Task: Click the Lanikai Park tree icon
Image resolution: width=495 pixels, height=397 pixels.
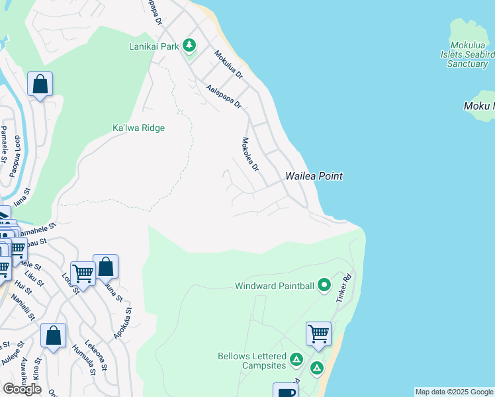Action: point(190,46)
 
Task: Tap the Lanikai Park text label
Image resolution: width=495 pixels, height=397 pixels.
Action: point(154,46)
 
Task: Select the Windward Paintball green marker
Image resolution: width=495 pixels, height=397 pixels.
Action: point(324,286)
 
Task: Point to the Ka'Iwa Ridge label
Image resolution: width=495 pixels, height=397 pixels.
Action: point(138,128)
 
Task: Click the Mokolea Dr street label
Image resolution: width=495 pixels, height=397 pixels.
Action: point(249,154)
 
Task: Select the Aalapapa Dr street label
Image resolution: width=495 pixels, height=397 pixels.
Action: point(224,97)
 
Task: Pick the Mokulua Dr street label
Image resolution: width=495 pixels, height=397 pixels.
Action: point(228,65)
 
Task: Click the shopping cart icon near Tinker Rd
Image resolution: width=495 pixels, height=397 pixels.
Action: point(319,333)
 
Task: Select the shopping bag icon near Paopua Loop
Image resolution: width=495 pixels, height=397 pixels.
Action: point(40,84)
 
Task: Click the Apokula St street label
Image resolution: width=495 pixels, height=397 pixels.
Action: point(122,324)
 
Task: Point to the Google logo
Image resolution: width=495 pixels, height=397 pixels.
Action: point(22,389)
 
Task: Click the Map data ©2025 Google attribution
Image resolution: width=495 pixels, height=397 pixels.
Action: point(454,392)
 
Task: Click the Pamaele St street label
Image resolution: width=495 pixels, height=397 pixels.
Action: point(3,144)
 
